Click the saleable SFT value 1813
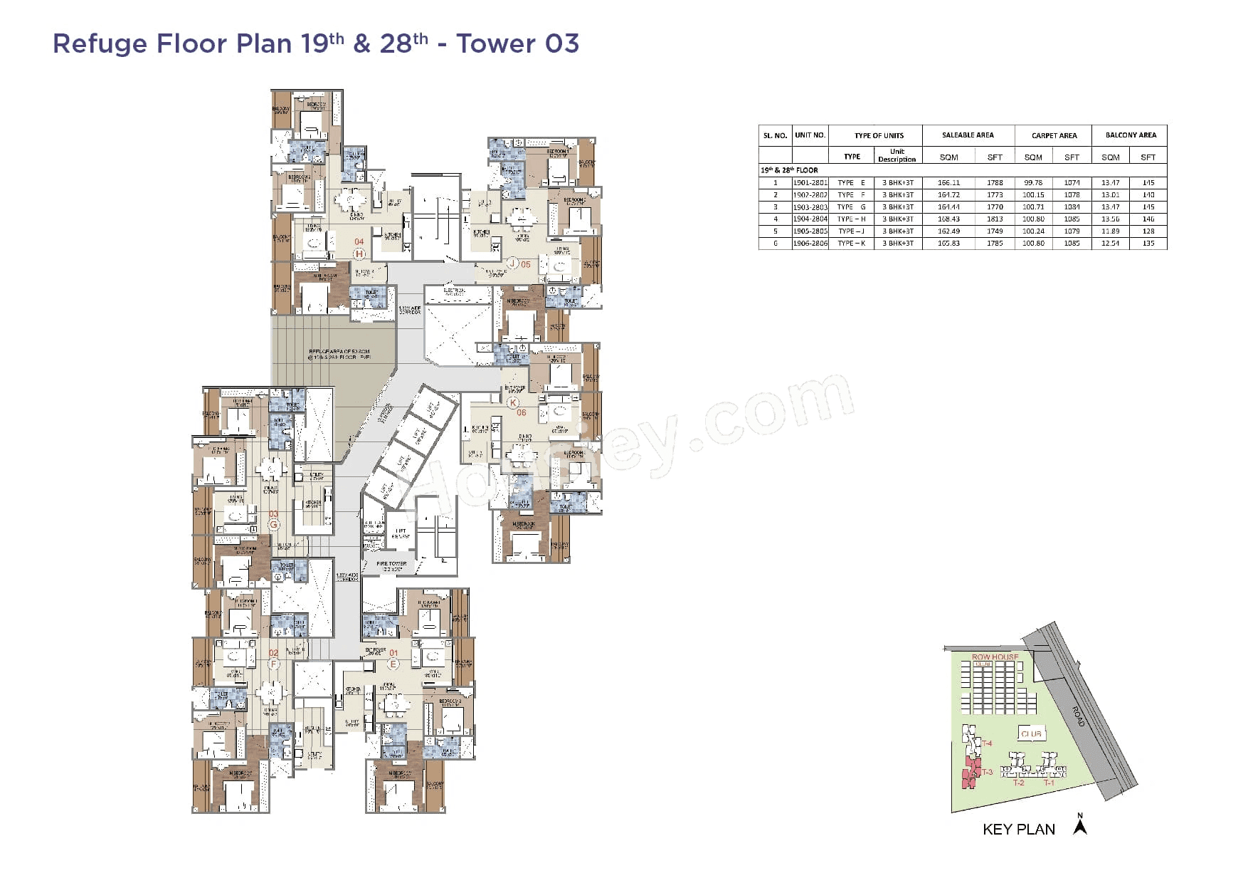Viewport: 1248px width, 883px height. click(995, 219)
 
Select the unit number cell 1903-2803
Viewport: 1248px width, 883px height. click(810, 207)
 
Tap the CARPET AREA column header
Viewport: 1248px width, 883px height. click(1054, 135)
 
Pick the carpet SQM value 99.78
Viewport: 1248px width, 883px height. click(1033, 183)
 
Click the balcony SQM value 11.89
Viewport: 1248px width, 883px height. click(1110, 231)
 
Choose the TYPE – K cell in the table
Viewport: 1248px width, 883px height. click(852, 244)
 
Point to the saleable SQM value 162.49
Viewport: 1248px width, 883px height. click(948, 231)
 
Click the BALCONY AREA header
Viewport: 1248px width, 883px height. click(1131, 135)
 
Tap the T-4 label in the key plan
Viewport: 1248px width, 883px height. click(987, 743)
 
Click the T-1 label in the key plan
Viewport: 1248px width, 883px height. click(1049, 783)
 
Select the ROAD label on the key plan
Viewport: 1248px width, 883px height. click(1079, 716)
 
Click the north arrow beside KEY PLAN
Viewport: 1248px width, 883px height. click(1080, 826)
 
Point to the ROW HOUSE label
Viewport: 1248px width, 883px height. click(995, 657)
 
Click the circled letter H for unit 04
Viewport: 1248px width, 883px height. click(359, 254)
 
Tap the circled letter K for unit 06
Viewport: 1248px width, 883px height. click(513, 403)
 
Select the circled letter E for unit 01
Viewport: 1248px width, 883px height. click(393, 664)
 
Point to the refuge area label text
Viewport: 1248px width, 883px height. click(339, 354)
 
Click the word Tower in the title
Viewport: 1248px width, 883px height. click(496, 43)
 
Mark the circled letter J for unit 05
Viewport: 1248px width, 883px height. click(512, 263)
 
